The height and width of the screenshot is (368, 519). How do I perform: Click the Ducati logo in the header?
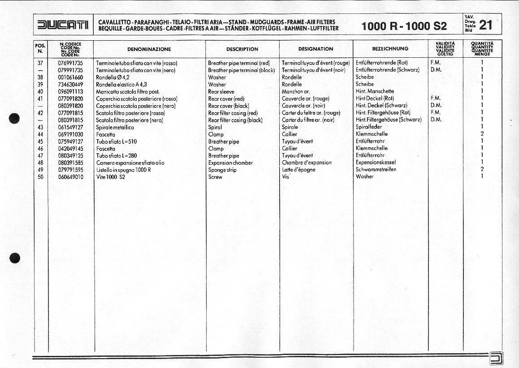63,25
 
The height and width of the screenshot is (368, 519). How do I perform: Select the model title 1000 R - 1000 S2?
404,26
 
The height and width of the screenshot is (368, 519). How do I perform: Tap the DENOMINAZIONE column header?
149,49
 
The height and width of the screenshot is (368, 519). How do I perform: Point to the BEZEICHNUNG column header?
390,49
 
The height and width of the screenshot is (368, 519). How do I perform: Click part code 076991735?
70,63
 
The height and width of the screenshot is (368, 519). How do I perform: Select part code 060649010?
70,177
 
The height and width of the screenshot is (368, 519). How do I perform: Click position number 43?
40,127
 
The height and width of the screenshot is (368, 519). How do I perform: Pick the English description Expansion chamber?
230,163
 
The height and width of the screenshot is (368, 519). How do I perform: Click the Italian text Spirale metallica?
115,127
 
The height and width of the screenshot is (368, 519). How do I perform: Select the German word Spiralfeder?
369,127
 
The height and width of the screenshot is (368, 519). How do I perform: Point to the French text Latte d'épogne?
298,170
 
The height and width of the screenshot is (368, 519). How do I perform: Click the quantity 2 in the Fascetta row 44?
482,134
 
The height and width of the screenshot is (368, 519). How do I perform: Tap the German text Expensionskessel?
376,163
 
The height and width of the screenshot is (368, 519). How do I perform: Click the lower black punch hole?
15,258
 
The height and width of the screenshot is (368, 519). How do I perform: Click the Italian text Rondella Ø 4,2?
112,77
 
